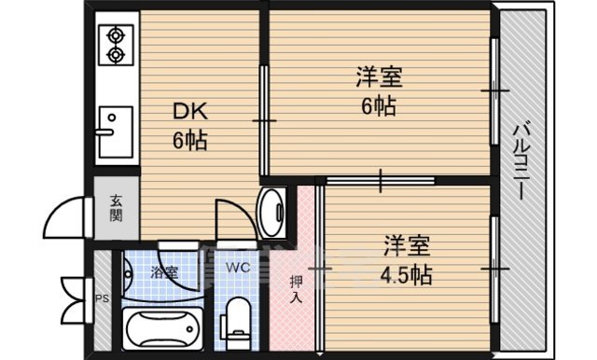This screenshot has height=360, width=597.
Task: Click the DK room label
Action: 186,114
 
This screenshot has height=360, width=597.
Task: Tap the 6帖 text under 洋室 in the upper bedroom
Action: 381,106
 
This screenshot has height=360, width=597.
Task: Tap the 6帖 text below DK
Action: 188,142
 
